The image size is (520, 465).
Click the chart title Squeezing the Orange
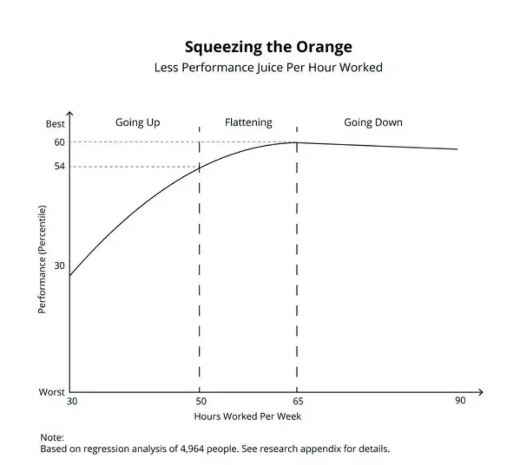click(x=268, y=47)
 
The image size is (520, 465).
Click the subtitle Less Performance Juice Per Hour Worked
click(x=268, y=67)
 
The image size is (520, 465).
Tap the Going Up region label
click(x=138, y=122)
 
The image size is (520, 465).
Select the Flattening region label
click(x=248, y=122)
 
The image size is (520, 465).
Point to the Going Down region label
click(x=373, y=122)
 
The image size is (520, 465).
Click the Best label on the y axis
click(x=55, y=124)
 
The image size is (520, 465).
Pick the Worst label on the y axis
click(x=51, y=392)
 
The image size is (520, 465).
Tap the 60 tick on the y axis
click(x=59, y=142)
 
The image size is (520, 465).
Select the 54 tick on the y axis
click(x=59, y=167)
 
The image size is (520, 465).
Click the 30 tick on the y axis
click(x=59, y=265)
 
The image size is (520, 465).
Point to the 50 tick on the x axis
click(x=201, y=401)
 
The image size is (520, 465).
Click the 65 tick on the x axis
click(x=298, y=401)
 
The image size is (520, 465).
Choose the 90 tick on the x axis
click(x=460, y=401)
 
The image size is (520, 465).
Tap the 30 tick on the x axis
click(x=72, y=401)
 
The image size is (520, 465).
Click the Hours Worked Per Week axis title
click(x=247, y=416)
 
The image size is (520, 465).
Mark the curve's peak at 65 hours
click(x=297, y=142)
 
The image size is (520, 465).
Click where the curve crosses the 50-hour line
click(x=199, y=167)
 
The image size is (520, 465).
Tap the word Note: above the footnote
click(x=52, y=437)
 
